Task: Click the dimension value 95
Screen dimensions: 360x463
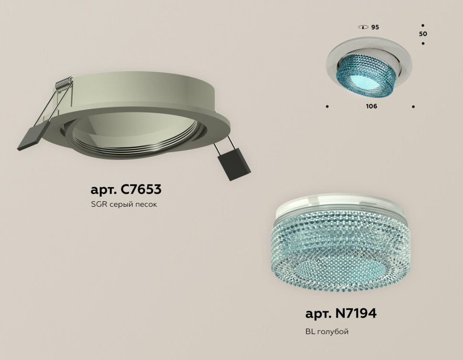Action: point(375,28)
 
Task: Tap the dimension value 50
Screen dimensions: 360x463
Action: point(423,34)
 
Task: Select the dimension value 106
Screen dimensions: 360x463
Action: point(371,106)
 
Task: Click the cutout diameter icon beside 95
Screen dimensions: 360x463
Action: point(363,27)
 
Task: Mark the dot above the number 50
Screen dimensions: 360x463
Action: point(423,25)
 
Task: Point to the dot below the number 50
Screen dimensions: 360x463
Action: point(423,44)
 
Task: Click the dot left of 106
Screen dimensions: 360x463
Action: point(327,106)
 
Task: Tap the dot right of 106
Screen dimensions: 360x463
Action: point(413,106)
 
